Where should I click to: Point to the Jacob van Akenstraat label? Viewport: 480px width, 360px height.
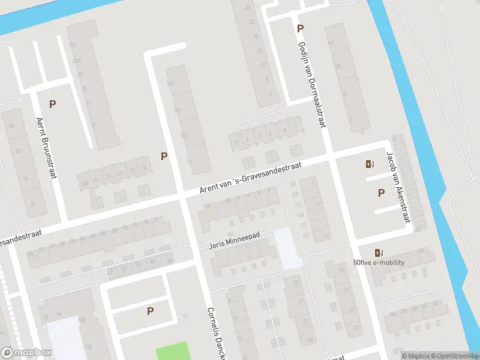coord(399,187)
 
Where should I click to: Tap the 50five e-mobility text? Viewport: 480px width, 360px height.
coord(379,262)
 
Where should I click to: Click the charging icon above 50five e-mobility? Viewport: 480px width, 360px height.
coord(379,253)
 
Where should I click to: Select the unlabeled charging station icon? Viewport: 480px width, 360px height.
coord(369,164)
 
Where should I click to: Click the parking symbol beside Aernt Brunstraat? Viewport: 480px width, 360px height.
coord(53,104)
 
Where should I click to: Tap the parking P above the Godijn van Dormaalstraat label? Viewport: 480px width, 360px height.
coord(300,28)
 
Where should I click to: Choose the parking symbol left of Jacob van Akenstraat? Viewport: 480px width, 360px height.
coord(380,193)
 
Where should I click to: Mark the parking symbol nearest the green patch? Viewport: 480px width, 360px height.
coord(150,311)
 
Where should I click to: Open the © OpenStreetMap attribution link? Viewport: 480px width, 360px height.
coord(454,356)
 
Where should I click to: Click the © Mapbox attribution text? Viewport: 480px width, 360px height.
coord(416,356)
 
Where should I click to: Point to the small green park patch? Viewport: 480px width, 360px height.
coord(172,351)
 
